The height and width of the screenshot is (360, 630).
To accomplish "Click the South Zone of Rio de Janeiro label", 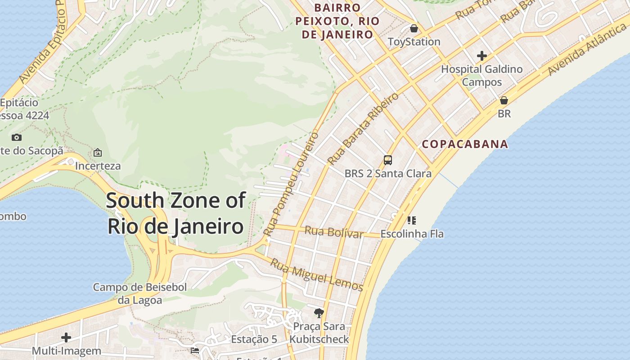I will click(176, 213).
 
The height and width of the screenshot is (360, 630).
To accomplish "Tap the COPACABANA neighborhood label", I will click(465, 144).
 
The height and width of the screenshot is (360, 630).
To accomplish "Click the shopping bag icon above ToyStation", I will click(414, 28).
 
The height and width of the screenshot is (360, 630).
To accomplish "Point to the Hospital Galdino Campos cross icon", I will click(482, 56).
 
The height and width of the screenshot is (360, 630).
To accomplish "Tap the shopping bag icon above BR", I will click(504, 100).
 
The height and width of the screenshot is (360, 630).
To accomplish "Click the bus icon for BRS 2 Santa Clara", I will click(388, 160).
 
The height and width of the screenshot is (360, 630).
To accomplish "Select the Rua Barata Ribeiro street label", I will click(363, 129).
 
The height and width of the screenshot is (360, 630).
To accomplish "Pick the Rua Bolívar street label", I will click(333, 232).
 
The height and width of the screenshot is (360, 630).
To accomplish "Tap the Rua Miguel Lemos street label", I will click(316, 274).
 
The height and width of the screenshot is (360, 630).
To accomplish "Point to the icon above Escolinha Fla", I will click(412, 220).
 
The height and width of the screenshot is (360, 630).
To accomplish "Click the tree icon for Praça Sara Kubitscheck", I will click(319, 313).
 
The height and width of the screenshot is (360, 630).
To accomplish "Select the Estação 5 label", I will click(254, 339).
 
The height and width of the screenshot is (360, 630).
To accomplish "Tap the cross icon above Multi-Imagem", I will click(66, 337).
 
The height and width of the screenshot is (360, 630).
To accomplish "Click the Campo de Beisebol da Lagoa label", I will click(139, 293).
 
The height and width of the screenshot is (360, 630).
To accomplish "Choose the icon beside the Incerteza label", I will click(98, 153).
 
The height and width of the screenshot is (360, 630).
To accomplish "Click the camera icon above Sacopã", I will click(17, 138).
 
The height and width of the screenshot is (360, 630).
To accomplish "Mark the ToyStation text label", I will click(414, 42).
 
